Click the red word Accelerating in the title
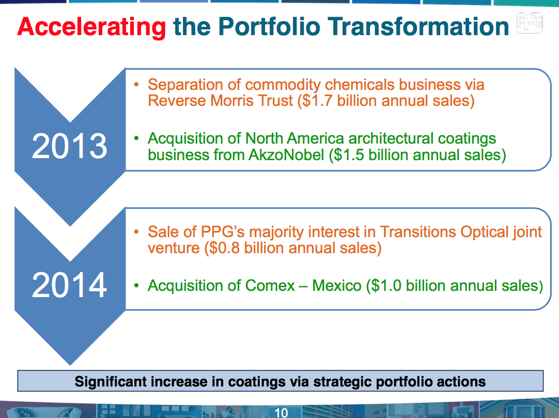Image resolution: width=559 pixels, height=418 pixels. (x=91, y=27)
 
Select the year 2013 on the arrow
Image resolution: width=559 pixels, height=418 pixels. (x=69, y=147)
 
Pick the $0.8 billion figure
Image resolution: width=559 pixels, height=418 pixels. (x=243, y=248)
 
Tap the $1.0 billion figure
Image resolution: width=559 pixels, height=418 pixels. (x=403, y=285)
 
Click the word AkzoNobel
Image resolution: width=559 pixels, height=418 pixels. (x=284, y=154)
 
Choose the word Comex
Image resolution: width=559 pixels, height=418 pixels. (x=270, y=285)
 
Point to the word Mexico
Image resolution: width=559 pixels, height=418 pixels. (x=337, y=285)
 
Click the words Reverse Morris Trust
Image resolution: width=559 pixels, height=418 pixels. (x=221, y=101)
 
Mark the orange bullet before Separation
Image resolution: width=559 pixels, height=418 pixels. (x=136, y=84)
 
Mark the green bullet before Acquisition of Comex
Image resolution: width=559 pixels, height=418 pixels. (x=136, y=285)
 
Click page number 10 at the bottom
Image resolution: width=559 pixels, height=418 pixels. (x=281, y=412)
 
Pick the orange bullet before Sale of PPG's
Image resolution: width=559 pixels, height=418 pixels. (x=136, y=232)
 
